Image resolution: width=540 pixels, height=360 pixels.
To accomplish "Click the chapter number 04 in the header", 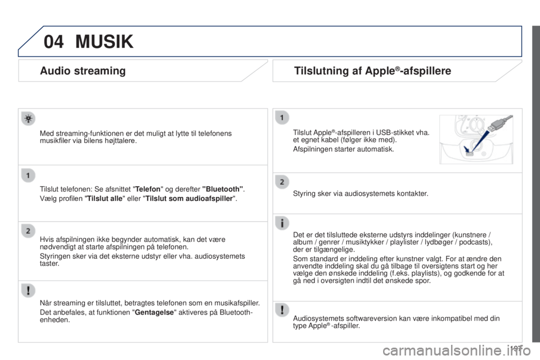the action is (x=53, y=42).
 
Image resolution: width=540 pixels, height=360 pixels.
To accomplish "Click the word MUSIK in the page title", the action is (x=105, y=42).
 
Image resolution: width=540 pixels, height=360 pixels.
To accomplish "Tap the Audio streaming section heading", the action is (x=83, y=71).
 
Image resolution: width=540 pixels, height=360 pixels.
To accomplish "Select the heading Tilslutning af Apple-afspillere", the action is (x=372, y=71).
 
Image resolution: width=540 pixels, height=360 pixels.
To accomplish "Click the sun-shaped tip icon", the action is (x=28, y=119).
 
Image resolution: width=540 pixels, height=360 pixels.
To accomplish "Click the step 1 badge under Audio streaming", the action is (x=28, y=175).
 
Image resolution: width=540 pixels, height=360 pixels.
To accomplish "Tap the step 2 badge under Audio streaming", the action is (x=28, y=231).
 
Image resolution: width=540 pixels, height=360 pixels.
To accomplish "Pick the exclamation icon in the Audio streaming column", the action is (x=28, y=290).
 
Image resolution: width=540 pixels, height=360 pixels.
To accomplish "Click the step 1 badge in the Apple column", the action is (x=282, y=118).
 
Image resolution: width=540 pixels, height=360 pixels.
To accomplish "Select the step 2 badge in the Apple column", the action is (x=282, y=182).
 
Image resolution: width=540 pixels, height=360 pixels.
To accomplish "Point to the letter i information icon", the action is (x=282, y=223).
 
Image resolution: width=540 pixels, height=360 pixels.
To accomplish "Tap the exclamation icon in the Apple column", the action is (x=282, y=310).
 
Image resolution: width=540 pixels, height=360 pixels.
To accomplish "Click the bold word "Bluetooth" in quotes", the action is (x=223, y=189).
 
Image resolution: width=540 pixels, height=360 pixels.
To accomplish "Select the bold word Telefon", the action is (x=148, y=189).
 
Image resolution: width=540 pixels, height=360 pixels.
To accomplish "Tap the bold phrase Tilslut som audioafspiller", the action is (x=190, y=199).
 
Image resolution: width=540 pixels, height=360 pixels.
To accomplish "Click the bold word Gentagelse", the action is (x=154, y=313).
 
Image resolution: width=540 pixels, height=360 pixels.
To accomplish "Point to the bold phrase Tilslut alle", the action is (x=105, y=199).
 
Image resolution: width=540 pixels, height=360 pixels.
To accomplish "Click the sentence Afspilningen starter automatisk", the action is (x=343, y=149).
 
